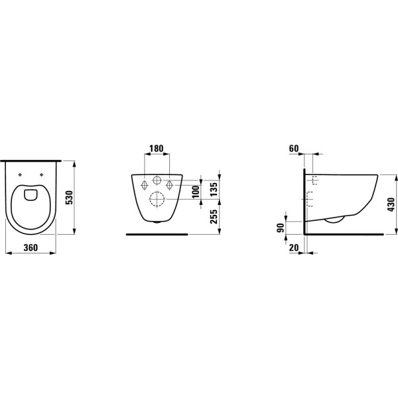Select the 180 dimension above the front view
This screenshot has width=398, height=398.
pos(157,149)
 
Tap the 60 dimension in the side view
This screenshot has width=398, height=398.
pos(295,149)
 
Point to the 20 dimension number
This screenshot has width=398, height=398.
pos(294,247)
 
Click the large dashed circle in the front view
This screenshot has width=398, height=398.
pos(157,200)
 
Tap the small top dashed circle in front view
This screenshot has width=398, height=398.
pos(157,180)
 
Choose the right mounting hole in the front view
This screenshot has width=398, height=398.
pos(170,184)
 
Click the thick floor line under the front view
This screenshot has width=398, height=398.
pos(157,234)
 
